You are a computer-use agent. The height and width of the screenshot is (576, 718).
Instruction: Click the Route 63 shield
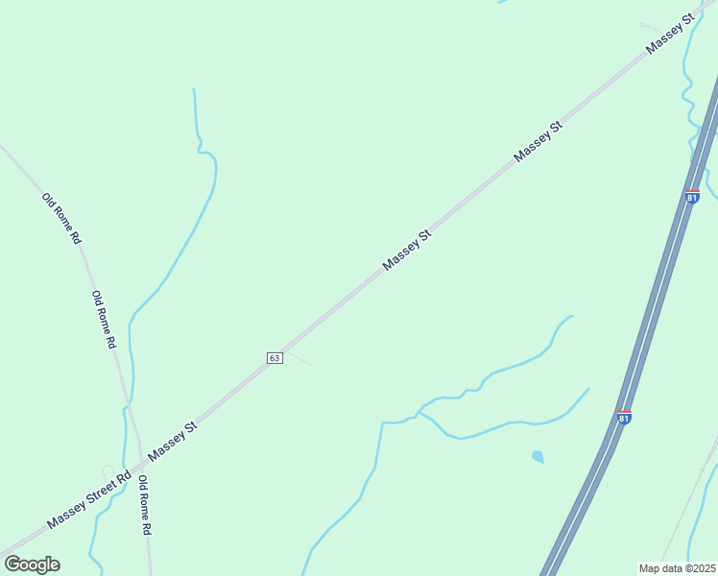pos(275,357)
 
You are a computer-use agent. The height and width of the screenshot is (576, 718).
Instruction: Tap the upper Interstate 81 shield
pos(692,197)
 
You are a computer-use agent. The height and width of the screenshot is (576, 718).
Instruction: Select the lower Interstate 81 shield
pos(625,418)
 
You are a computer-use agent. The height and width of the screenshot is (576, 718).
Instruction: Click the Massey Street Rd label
pos(88,500)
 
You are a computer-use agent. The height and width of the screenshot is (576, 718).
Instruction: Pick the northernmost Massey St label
pos(670,35)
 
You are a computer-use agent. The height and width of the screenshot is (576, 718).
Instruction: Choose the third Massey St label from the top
pos(407,250)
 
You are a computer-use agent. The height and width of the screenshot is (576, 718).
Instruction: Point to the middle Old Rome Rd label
pos(104,319)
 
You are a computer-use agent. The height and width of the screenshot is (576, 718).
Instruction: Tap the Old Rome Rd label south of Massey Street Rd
pos(145,505)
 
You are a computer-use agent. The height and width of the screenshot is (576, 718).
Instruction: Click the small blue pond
pos(538,457)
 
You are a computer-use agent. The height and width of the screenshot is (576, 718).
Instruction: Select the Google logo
pos(32,564)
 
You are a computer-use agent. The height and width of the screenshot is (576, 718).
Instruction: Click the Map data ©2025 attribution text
pos(678,568)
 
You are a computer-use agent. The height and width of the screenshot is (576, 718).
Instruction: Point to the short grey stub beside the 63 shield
pos(299,358)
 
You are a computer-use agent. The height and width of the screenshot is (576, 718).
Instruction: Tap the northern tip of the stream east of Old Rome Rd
pos(194,89)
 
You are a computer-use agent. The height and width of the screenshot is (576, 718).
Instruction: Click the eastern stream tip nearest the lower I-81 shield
pos(588,389)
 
